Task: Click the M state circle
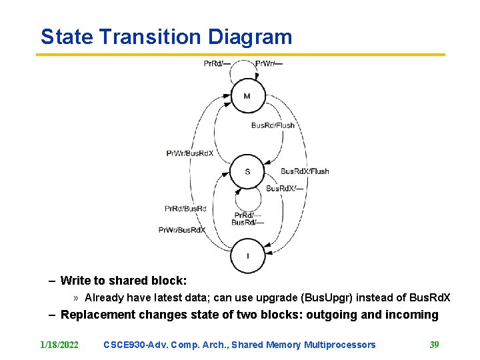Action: pyautogui.click(x=247, y=97)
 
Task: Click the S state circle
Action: pyautogui.click(x=247, y=171)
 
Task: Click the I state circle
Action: pyautogui.click(x=247, y=255)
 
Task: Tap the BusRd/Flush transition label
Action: pyautogui.click(x=273, y=125)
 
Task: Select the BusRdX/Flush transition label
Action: pyautogui.click(x=305, y=171)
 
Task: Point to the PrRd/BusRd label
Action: pyautogui.click(x=185, y=209)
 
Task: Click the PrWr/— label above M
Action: pyautogui.click(x=269, y=64)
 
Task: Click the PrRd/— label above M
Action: pyautogui.click(x=217, y=64)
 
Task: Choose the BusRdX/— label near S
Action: pyautogui.click(x=285, y=189)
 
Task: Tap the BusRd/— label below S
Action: pyautogui.click(x=247, y=223)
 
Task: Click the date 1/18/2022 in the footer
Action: pyautogui.click(x=59, y=345)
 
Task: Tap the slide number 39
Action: pyautogui.click(x=434, y=345)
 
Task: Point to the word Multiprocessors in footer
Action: pyautogui.click(x=339, y=345)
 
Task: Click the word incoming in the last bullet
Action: pyautogui.click(x=413, y=315)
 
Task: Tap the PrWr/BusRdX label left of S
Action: pyautogui.click(x=190, y=153)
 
